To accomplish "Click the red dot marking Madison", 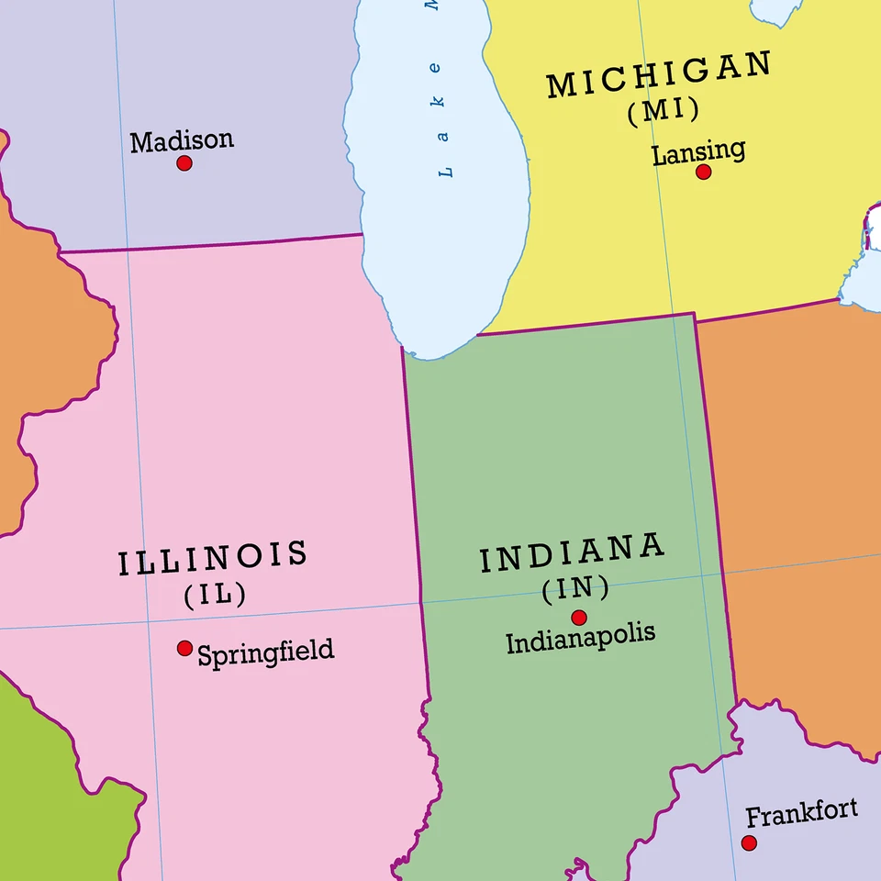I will coord(184,163).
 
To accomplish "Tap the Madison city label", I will coord(182,140).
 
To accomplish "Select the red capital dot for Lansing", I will coord(703,172).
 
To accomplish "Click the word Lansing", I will coord(698,151).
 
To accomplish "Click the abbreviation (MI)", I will coord(664,111).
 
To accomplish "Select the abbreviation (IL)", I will coord(216,595).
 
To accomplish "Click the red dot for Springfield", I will coord(184,648).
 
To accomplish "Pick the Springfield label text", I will coord(266,652).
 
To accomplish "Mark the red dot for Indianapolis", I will coord(579,618).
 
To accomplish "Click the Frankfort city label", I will coord(801,812).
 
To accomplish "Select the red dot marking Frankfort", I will coord(750,842).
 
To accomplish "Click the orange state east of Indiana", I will coord(798,505).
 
